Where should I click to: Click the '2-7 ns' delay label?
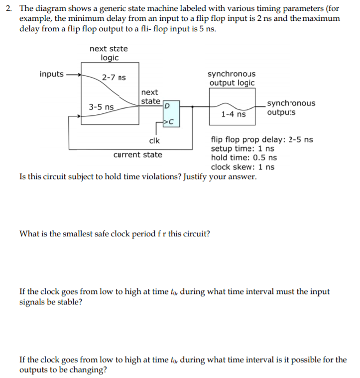[114, 78]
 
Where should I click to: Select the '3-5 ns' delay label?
[101, 107]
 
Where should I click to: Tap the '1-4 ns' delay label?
[233, 114]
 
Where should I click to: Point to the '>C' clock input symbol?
[169, 121]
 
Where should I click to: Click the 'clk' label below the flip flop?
[154, 141]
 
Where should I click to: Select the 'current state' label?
[137, 155]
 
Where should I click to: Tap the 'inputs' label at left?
[51, 74]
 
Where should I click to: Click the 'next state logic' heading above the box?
[109, 53]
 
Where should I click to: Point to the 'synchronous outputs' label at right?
[291, 108]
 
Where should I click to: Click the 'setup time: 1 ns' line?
[242, 149]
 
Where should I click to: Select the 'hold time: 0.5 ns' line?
[244, 158]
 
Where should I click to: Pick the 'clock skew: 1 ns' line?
[242, 167]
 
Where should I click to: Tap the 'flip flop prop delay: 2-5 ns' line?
[261, 139]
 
